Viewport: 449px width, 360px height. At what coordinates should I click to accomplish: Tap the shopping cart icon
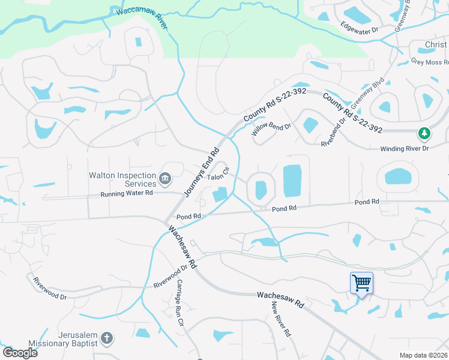tap(361, 283)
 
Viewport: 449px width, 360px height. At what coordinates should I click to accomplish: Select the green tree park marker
tap(424, 133)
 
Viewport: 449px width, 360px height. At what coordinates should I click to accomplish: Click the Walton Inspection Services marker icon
tap(165, 178)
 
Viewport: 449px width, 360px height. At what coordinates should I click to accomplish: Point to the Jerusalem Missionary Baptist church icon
tap(106, 338)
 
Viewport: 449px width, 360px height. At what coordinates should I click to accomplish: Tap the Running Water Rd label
tap(127, 193)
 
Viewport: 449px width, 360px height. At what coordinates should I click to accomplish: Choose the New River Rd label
tap(280, 320)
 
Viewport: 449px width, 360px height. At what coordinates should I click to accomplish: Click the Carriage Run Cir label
tap(179, 310)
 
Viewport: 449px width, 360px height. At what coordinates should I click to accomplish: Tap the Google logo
tap(20, 353)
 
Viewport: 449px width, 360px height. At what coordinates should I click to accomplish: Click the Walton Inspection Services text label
tap(122, 179)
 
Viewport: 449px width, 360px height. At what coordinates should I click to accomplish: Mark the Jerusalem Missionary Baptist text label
tap(70, 338)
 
